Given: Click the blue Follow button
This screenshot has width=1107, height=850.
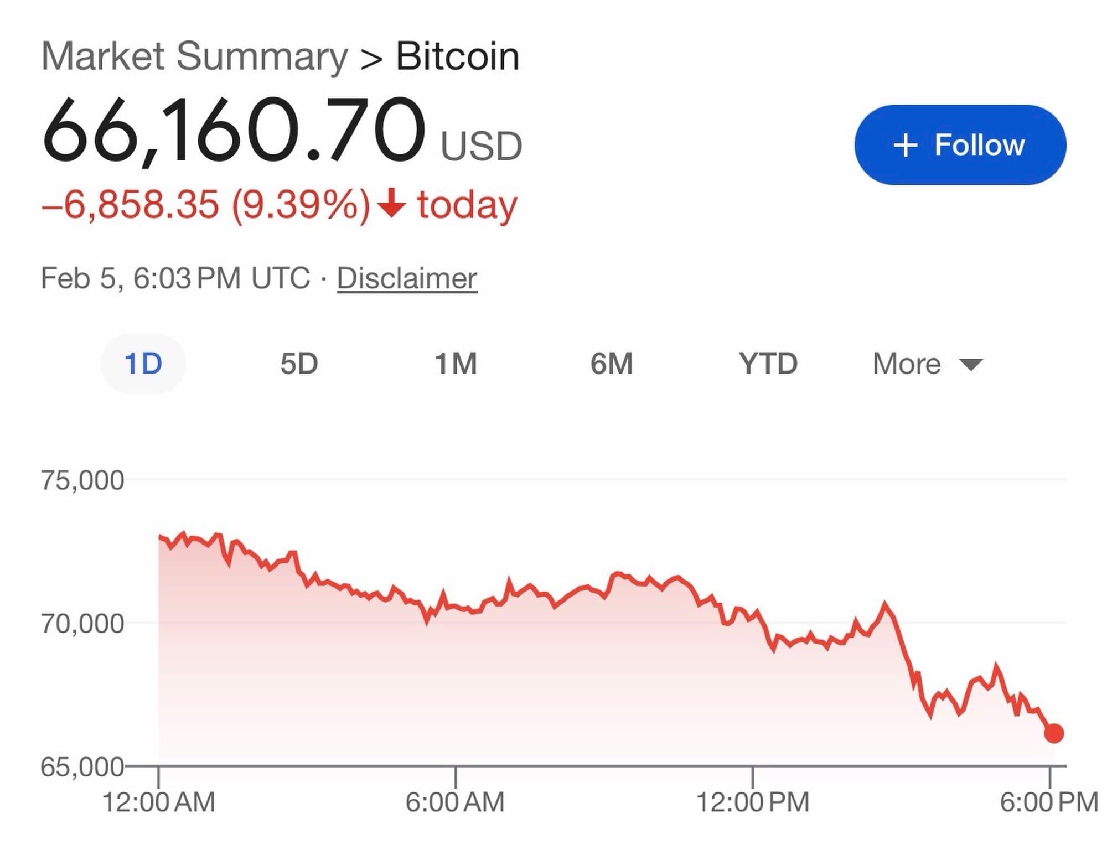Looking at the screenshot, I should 960,145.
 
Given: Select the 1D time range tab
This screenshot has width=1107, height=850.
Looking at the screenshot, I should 143,364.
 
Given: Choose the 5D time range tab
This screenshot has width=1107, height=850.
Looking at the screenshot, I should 299,364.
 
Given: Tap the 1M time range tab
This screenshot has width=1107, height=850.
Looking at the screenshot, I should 456,364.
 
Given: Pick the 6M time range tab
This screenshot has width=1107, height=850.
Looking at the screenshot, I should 611,364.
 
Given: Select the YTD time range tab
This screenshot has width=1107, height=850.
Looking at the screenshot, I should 768,364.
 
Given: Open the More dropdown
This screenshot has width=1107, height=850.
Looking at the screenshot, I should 927,364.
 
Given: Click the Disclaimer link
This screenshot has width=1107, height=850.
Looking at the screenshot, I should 407,278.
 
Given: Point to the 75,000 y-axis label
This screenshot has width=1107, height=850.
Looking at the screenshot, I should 82,480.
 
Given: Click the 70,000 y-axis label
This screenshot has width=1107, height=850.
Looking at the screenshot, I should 82,624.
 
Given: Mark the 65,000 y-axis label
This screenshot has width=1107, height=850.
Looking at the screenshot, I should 82,767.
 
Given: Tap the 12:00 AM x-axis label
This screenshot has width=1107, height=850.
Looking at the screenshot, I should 159,802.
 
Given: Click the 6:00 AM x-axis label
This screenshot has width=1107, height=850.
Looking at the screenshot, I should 455,802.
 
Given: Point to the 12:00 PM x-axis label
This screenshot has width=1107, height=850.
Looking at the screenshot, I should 752,802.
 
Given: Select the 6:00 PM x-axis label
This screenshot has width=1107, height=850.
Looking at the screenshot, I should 1049,802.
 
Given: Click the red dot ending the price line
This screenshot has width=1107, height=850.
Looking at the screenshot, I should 1054,733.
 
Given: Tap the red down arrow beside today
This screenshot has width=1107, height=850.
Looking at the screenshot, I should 392,203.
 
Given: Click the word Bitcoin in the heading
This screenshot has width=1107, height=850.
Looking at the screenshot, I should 458,56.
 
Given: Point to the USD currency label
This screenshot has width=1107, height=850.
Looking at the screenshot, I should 481,147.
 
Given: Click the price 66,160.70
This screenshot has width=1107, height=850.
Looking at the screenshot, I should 234,131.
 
